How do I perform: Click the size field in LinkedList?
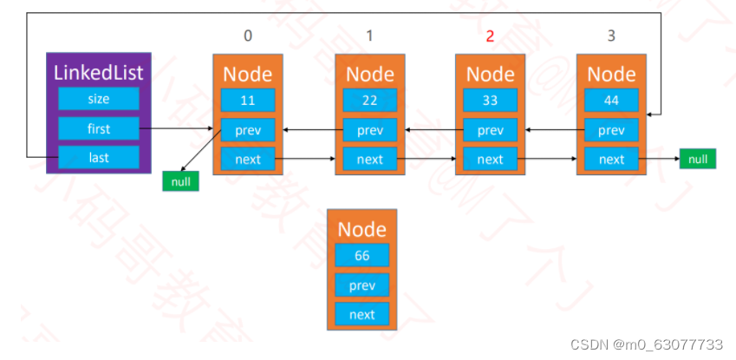98,99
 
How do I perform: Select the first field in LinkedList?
98,129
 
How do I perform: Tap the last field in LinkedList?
98,157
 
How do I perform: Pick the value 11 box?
247,100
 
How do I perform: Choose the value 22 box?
369,100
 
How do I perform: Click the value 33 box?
490,100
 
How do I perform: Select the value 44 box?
611,100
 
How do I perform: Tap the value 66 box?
361,255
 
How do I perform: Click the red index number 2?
490,36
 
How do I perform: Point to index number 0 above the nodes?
248,36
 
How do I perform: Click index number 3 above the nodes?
612,36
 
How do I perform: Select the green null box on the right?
697,159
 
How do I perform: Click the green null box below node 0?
180,182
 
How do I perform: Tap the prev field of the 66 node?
361,285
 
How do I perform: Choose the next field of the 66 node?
361,314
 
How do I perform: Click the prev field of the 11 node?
247,130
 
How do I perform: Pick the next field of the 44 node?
611,159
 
